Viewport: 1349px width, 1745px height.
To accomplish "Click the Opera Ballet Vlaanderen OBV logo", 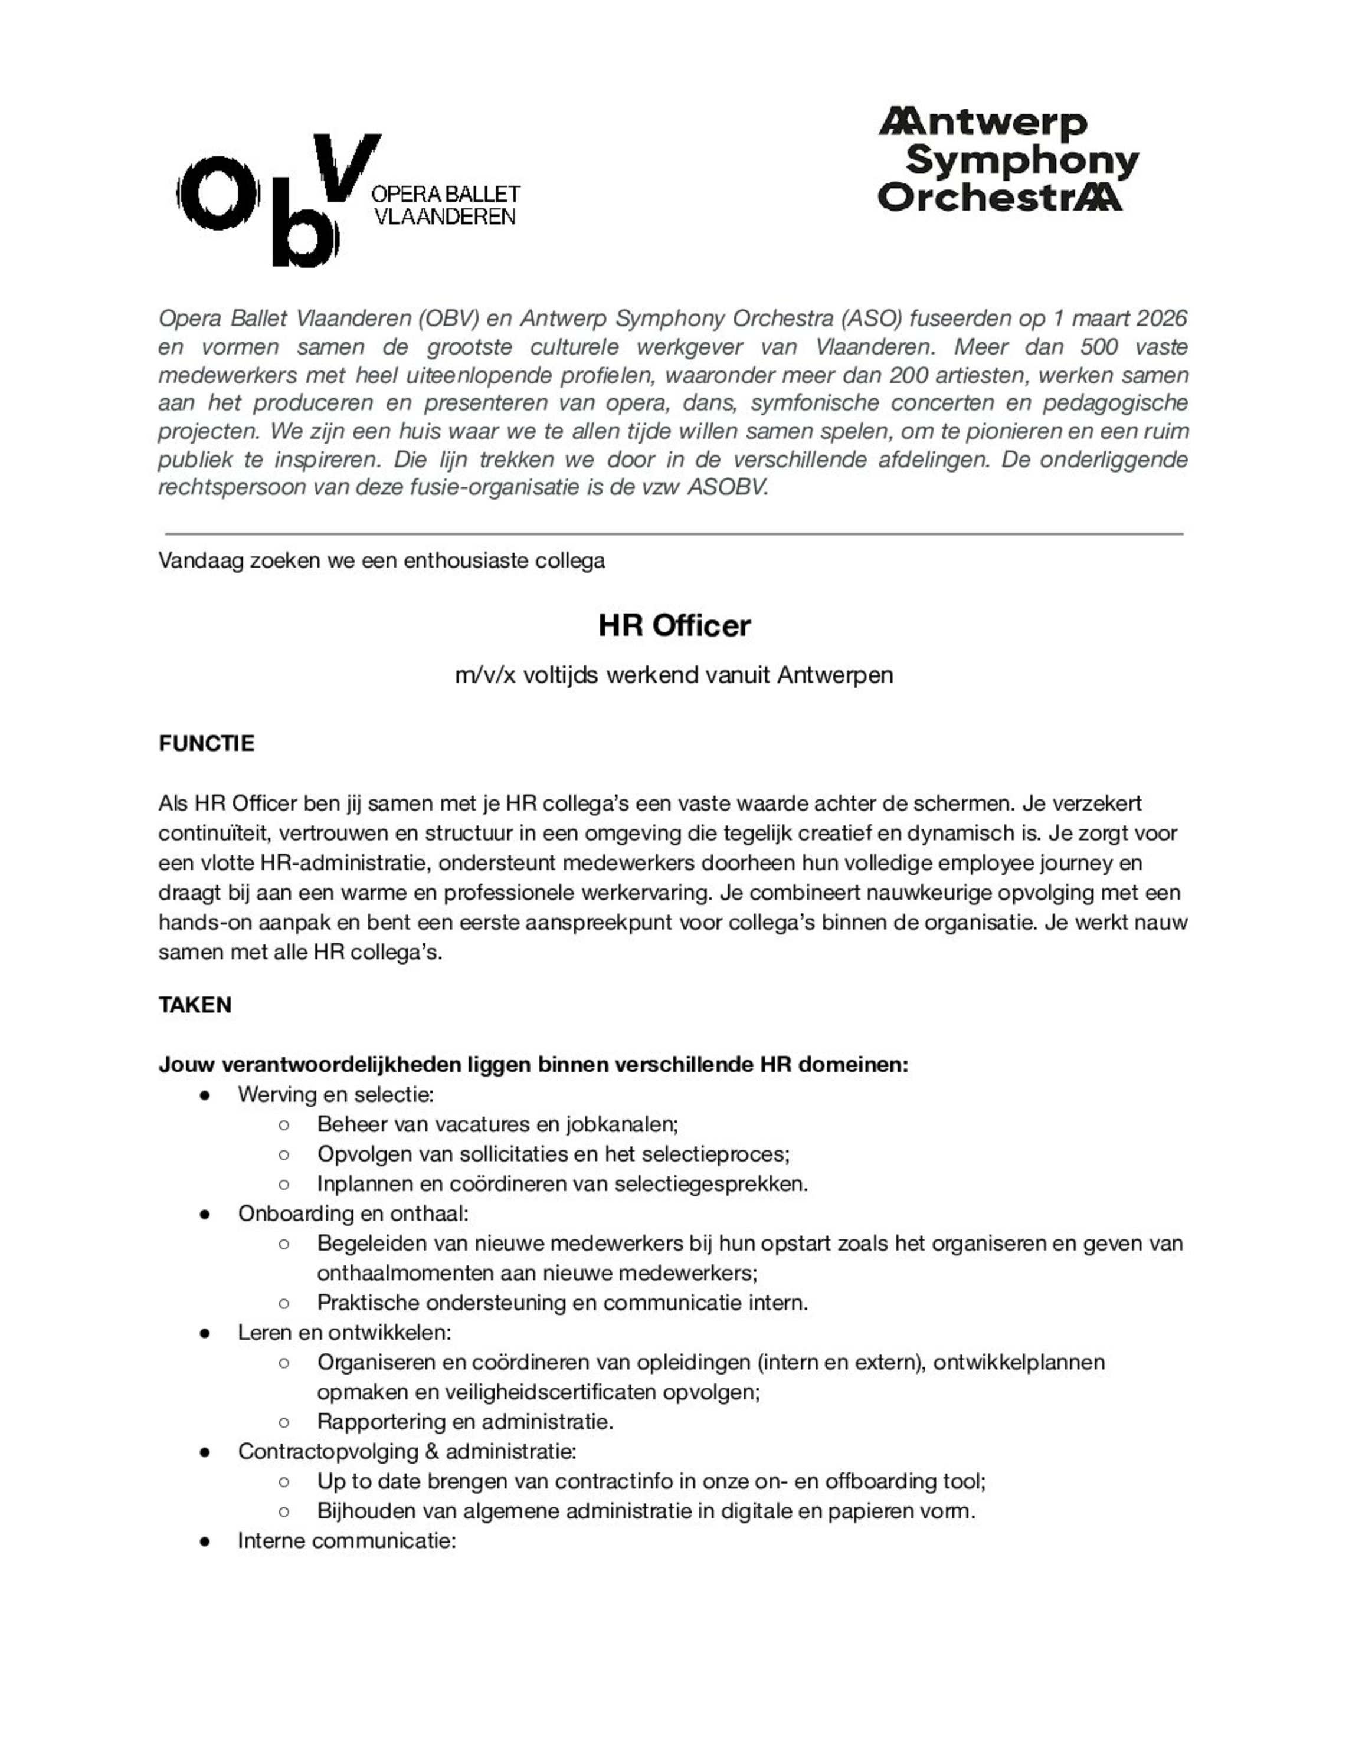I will (x=348, y=200).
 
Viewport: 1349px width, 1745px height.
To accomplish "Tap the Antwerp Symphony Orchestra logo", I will (x=1008, y=160).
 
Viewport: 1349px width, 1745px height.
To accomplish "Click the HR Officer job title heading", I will (x=674, y=625).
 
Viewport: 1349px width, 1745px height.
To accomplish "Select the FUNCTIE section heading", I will (x=206, y=743).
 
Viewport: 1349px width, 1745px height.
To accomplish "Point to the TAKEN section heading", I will (x=195, y=1004).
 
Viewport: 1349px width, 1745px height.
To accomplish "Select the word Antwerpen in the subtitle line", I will (x=834, y=675).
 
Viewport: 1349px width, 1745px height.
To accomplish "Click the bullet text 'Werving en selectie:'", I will (x=336, y=1094).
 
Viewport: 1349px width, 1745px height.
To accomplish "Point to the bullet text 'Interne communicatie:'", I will (x=346, y=1540).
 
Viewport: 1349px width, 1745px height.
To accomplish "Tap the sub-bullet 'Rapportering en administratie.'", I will (x=465, y=1421).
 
